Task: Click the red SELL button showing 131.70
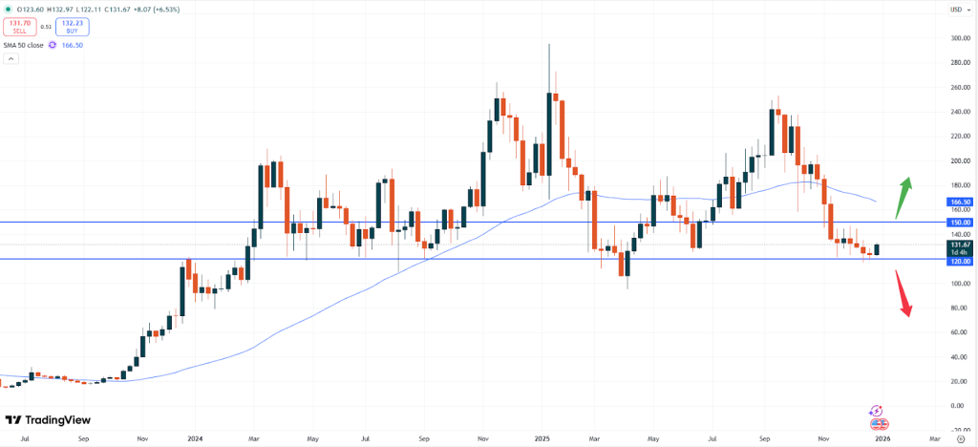point(21,27)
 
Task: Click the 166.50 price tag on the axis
point(958,202)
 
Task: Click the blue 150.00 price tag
point(958,222)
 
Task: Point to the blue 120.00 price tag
point(958,260)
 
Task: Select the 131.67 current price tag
point(958,245)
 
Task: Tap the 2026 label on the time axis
point(882,438)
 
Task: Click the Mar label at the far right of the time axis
point(933,438)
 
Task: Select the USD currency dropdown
point(955,10)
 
